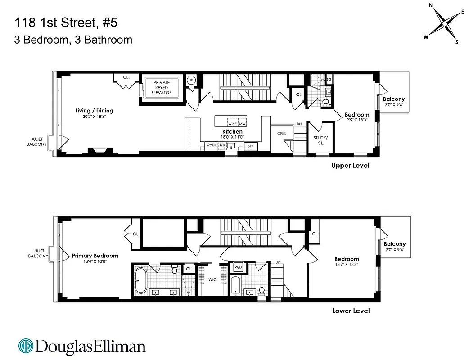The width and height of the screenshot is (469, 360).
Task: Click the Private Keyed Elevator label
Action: [x=162, y=87]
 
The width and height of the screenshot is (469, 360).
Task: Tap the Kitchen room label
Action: [x=232, y=132]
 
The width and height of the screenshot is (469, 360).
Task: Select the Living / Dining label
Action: [x=94, y=111]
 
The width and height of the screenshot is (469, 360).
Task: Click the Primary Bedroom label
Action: [x=95, y=256]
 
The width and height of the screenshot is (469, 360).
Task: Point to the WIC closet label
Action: [x=212, y=279]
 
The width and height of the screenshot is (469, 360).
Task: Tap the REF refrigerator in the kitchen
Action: [x=250, y=146]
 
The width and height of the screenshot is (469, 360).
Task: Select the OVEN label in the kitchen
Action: [x=211, y=145]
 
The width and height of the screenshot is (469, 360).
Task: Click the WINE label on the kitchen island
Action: [x=232, y=124]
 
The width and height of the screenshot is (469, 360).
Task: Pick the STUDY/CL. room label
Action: [x=320, y=140]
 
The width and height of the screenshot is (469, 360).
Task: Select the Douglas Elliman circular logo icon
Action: [x=26, y=346]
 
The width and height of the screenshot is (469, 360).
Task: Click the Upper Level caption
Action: [x=350, y=166]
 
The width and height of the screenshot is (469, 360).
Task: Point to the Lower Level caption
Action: [x=351, y=311]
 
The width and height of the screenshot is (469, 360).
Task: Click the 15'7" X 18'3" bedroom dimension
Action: [x=347, y=265]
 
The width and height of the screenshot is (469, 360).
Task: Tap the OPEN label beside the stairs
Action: [x=282, y=134]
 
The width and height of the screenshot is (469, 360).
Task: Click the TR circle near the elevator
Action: [x=191, y=80]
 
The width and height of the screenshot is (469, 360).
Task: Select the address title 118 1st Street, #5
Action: [x=67, y=22]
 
